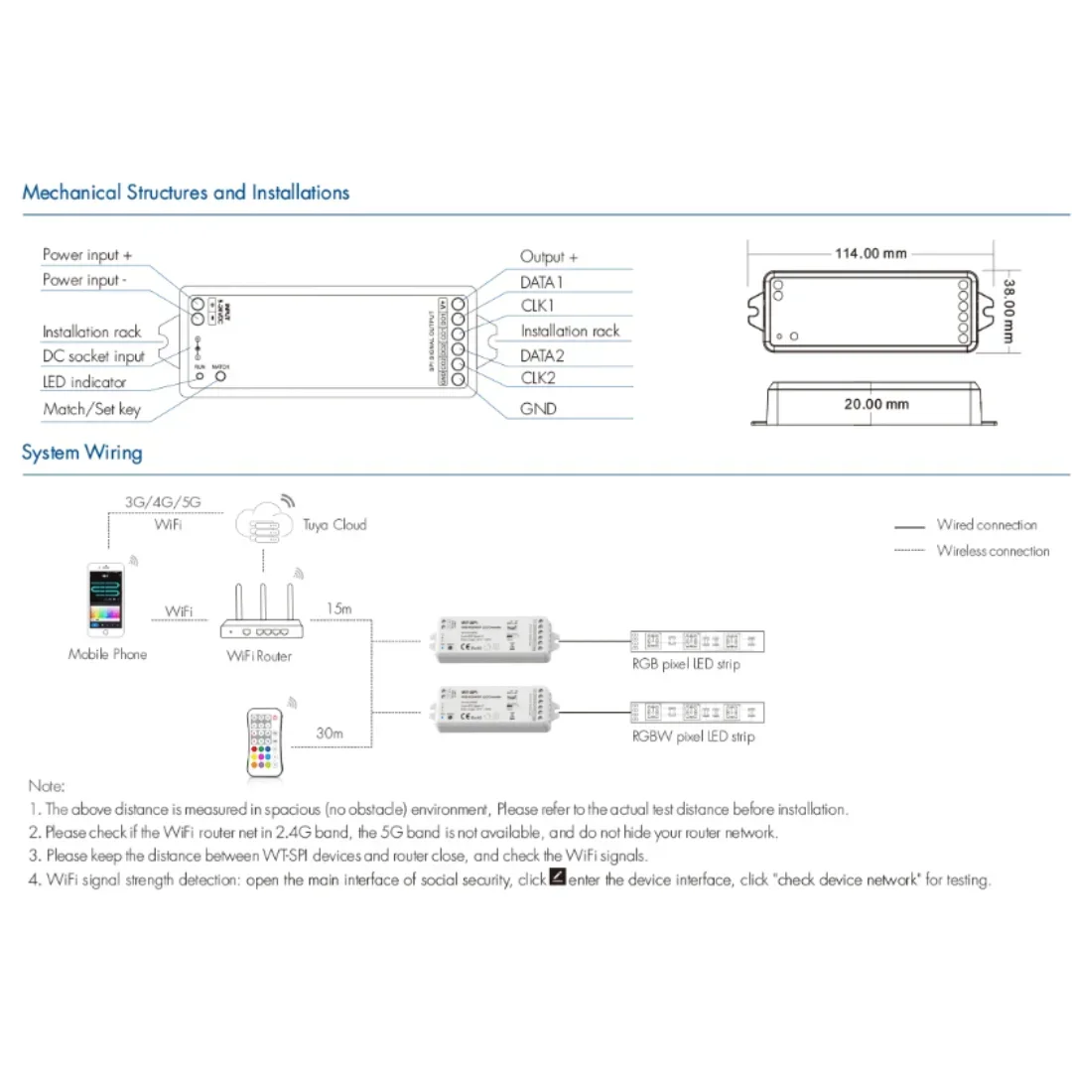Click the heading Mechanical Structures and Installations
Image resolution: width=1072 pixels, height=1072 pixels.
[186, 193]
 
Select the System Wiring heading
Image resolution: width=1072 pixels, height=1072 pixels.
[82, 454]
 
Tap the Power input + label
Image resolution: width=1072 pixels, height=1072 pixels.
[87, 255]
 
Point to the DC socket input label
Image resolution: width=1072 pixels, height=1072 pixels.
[93, 356]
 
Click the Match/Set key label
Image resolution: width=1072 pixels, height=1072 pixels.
[91, 409]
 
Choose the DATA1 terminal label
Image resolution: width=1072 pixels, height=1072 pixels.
[542, 282]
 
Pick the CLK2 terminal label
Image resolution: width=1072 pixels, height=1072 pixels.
[538, 378]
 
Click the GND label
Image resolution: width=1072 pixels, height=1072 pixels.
[538, 408]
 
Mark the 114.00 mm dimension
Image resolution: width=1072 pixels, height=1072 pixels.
[871, 253]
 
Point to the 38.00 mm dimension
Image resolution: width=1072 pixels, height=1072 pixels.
[1007, 310]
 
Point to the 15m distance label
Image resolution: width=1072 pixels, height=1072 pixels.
[338, 608]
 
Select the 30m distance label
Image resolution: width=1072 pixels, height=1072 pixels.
[330, 734]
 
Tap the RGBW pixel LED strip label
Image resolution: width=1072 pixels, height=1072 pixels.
[693, 737]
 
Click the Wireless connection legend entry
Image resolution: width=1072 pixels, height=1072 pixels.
[993, 551]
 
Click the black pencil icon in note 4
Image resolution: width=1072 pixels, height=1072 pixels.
[558, 877]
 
